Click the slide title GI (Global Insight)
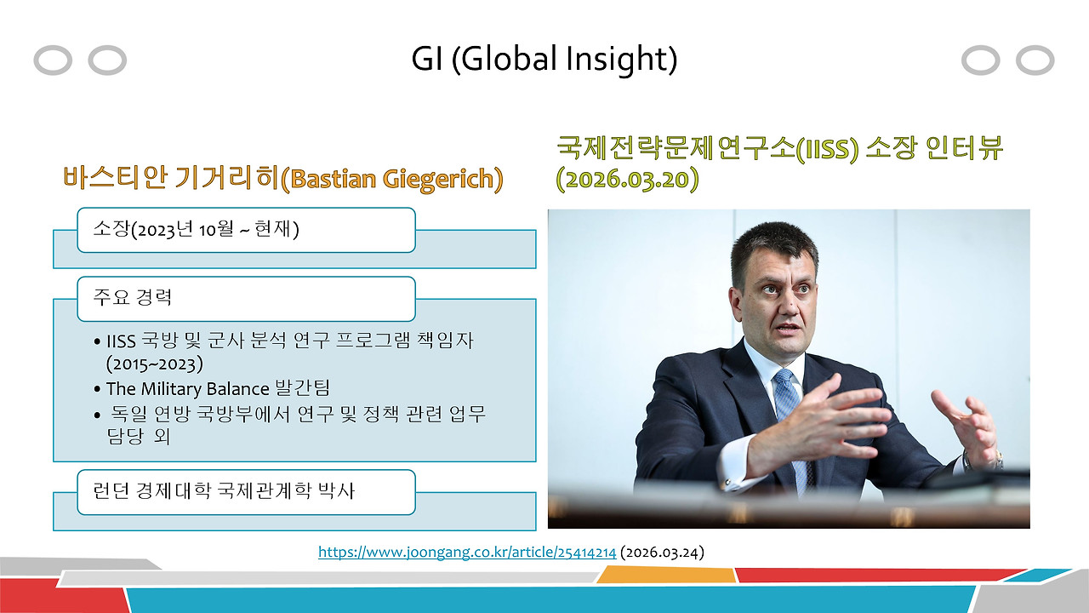[x=544, y=59]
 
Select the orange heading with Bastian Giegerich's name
[x=282, y=178]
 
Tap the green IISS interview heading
[x=779, y=148]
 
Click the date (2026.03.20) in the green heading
[x=627, y=180]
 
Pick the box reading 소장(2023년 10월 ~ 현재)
[x=246, y=230]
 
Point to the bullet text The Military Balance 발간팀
[x=218, y=388]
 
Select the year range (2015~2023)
[x=155, y=364]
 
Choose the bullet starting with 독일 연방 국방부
[x=298, y=414]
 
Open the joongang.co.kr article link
[x=467, y=553]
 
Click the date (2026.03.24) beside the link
[x=663, y=553]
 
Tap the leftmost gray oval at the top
[x=53, y=60]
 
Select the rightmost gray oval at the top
[x=1035, y=60]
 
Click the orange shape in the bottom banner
[x=666, y=576]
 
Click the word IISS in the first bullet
[x=122, y=341]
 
